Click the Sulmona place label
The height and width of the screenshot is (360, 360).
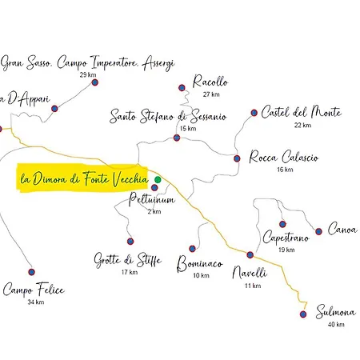335,311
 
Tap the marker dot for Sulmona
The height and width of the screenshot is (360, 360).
302,314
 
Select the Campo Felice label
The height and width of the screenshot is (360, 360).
33,289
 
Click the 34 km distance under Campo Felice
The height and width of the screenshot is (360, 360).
35,302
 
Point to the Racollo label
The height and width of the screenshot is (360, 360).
210,82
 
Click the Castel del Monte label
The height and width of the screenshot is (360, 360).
301,112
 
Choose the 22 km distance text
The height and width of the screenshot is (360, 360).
302,125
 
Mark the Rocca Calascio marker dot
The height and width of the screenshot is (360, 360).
236,158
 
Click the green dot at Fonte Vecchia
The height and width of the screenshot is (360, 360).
158,180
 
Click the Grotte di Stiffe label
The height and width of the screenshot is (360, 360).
128,260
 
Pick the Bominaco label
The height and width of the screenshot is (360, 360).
199,262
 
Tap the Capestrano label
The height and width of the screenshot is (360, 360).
286,238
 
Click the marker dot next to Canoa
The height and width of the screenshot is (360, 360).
318,231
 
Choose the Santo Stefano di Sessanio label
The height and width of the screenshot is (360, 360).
168,117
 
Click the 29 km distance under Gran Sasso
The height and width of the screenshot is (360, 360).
89,75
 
